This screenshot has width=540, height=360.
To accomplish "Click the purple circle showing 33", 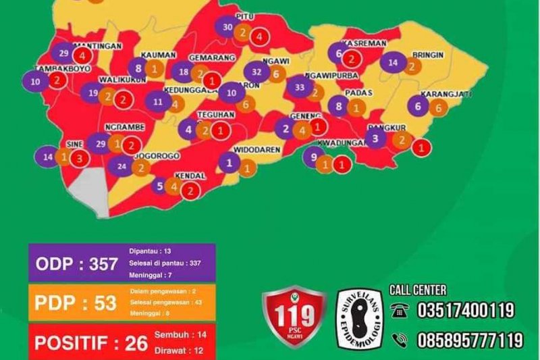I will click(300, 87).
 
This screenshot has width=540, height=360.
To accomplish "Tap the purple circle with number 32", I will click(256, 72).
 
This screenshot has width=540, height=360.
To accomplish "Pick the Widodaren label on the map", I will click(256, 149).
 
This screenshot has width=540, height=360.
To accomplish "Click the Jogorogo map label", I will click(156, 155).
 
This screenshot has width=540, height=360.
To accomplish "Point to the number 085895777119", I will click(470, 338).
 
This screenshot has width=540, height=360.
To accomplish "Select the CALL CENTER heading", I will click(418, 290).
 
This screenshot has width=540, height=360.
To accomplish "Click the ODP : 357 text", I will click(76, 264).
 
